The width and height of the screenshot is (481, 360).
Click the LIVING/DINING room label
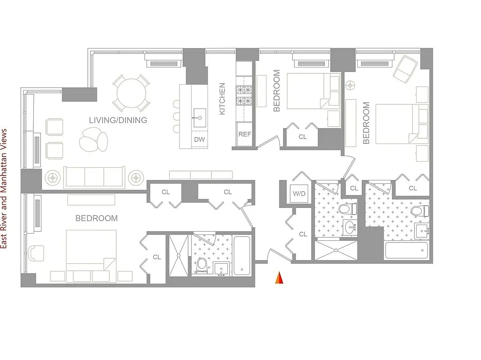click(x=118, y=120)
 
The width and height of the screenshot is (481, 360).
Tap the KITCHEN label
click(x=222, y=99)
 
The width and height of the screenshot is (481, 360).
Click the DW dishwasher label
click(x=199, y=139)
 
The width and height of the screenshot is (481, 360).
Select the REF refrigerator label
click(x=244, y=134)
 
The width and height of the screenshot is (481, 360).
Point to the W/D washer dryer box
click(x=299, y=194)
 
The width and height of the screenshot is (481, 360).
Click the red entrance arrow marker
click(x=279, y=279)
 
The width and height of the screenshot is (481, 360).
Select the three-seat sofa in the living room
click(x=94, y=177)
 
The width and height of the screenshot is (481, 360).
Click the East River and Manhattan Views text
click(x=4, y=189)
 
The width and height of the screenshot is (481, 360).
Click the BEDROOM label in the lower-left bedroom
click(x=96, y=219)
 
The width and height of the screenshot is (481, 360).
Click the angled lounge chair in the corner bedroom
click(x=406, y=66)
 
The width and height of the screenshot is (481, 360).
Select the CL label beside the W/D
click(x=303, y=234)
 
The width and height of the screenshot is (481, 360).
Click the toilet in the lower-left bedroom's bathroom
click(x=202, y=265)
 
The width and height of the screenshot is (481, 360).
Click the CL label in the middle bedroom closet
click(x=302, y=137)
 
